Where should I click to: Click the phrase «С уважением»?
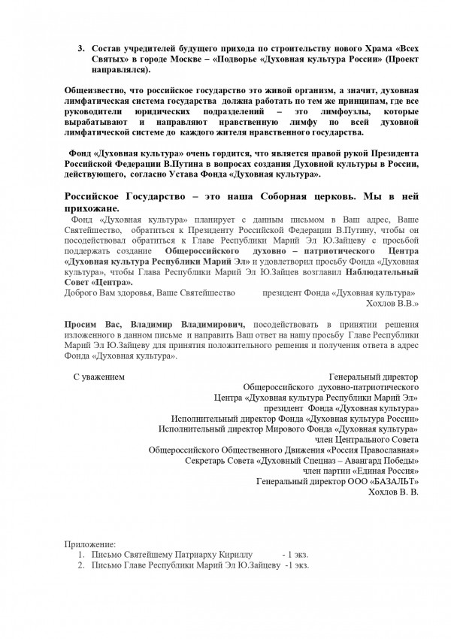pos(98,375)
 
